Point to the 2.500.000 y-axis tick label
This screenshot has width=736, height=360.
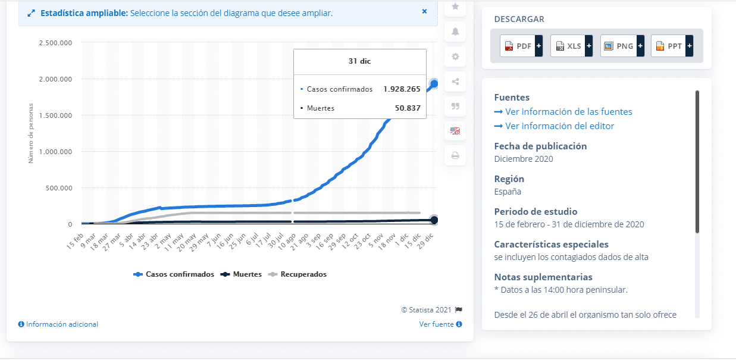pos(55,43)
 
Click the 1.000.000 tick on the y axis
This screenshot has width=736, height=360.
pos(55,152)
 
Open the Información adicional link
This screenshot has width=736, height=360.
pos(58,324)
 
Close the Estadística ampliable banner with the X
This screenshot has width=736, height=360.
pos(424,11)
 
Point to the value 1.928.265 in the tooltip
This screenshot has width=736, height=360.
pos(402,89)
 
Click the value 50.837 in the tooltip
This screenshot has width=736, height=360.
pos(408,108)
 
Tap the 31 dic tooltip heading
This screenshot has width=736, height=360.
pos(359,61)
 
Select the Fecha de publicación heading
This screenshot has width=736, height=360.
pos(540,146)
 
